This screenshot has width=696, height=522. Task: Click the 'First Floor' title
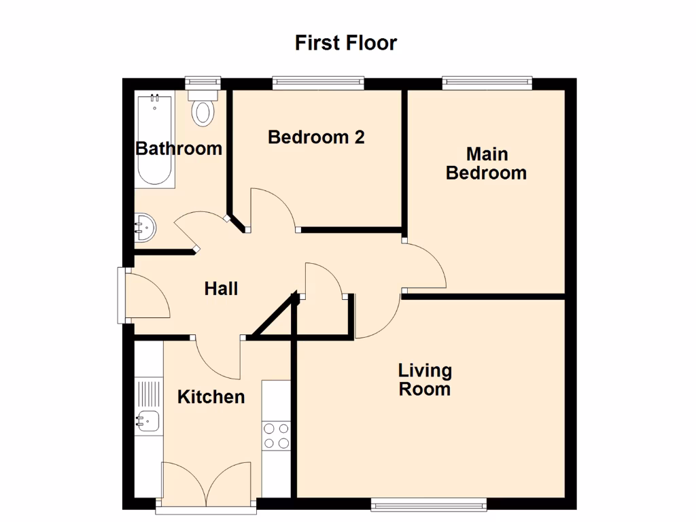(345, 43)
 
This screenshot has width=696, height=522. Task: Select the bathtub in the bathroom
(155, 141)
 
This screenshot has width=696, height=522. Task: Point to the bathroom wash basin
(144, 227)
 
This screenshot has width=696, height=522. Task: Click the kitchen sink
(147, 421)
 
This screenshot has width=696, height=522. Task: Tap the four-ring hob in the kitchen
(276, 435)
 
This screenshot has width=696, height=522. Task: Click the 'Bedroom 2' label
(316, 137)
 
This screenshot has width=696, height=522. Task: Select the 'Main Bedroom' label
(486, 163)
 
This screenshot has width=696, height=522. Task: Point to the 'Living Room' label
(425, 379)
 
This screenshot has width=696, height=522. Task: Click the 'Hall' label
(221, 289)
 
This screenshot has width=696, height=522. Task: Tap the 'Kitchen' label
(211, 397)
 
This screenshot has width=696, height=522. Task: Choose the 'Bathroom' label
(179, 148)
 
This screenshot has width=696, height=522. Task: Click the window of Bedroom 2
(318, 82)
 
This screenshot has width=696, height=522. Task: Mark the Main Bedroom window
(487, 82)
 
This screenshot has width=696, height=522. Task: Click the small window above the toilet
(203, 81)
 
